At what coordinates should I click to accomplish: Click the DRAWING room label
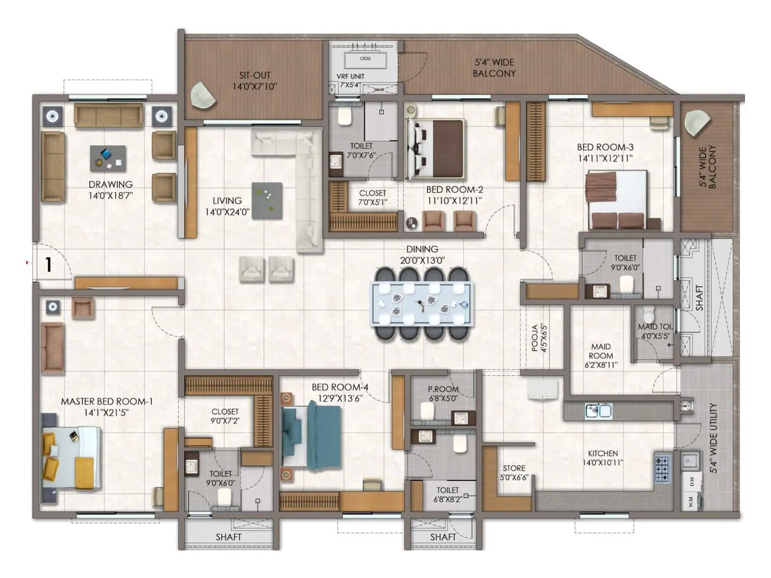pyautogui.click(x=110, y=184)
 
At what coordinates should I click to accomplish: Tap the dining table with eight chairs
pyautogui.click(x=422, y=304)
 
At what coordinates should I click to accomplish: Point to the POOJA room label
pyautogui.click(x=534, y=338)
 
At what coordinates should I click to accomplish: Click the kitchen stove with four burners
pyautogui.click(x=662, y=468)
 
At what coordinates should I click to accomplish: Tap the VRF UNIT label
pyautogui.click(x=350, y=77)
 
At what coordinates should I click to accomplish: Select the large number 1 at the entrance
pyautogui.click(x=48, y=264)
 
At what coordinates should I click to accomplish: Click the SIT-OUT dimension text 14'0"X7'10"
pyautogui.click(x=254, y=87)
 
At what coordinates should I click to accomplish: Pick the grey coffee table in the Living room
pyautogui.click(x=266, y=200)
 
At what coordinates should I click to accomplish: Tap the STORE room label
pyautogui.click(x=514, y=468)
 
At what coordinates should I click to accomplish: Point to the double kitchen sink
pyautogui.click(x=598, y=410)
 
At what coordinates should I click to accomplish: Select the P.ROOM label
pyautogui.click(x=443, y=389)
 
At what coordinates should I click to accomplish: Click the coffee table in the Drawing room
pyautogui.click(x=108, y=158)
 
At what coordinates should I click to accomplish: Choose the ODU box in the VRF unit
pyautogui.click(x=365, y=60)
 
